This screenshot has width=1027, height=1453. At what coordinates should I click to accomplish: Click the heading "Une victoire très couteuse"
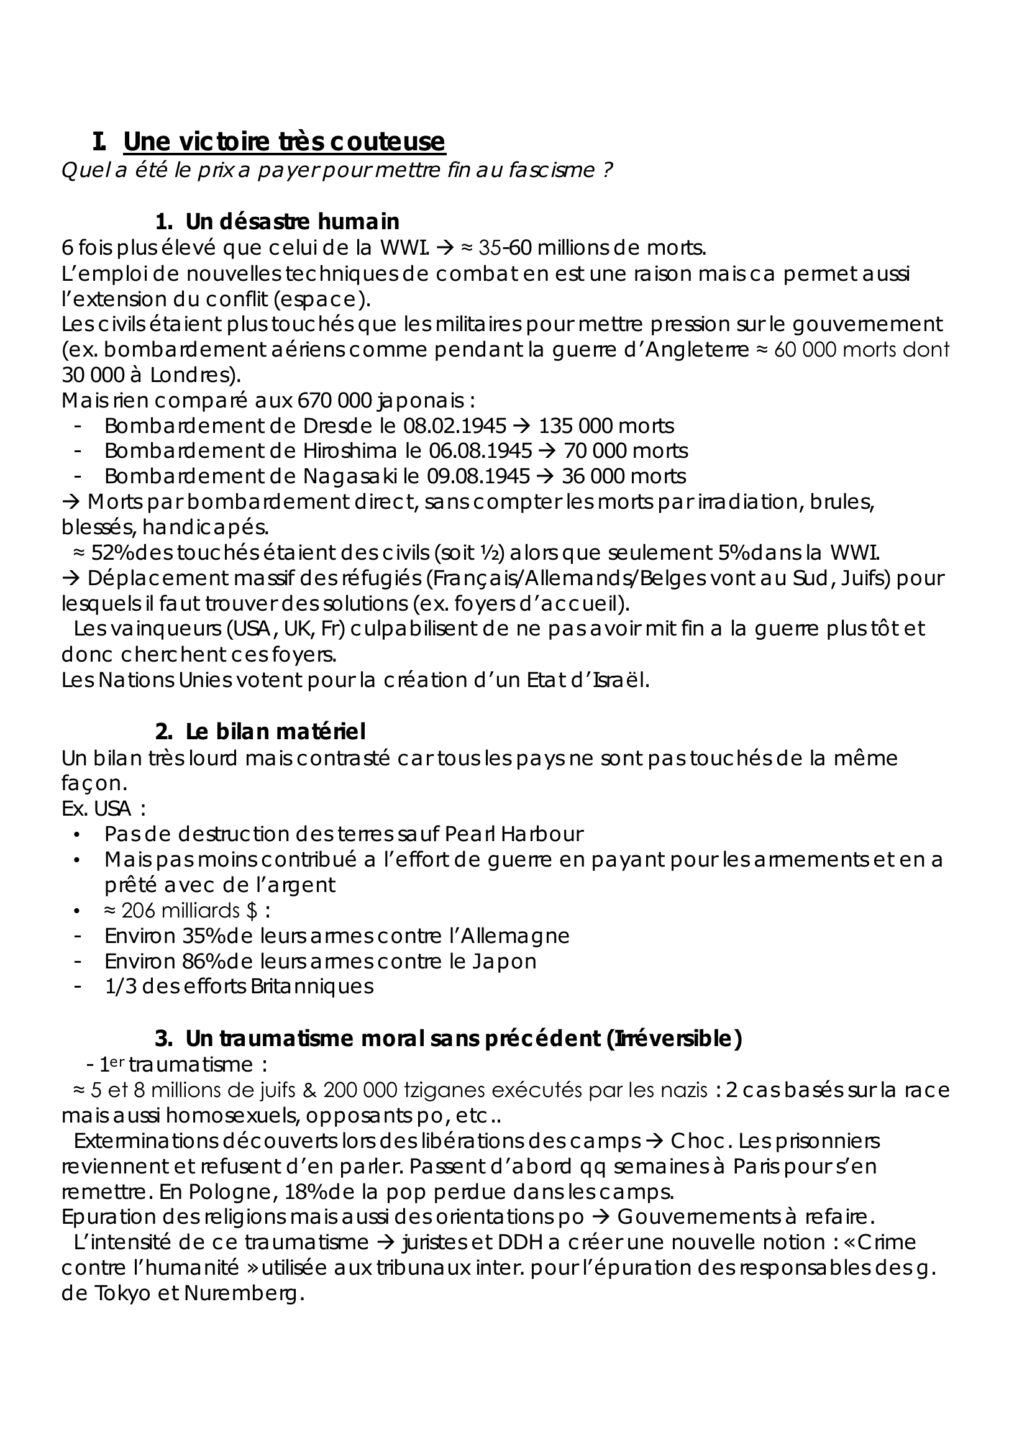point(284,141)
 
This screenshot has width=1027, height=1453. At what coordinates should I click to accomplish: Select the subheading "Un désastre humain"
point(293,222)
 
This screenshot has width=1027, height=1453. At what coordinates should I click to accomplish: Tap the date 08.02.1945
point(455,426)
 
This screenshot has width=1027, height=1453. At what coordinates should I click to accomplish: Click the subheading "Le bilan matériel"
point(275,732)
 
